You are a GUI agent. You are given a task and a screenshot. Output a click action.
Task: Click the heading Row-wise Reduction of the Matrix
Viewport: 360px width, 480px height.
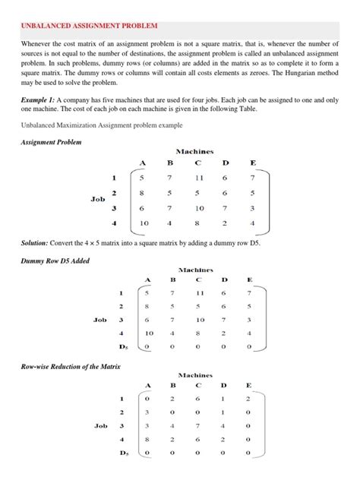[72, 367]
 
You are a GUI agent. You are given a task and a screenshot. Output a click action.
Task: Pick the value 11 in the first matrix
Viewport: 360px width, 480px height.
[198, 178]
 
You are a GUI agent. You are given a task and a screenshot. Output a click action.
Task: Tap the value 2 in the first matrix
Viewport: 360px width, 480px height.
[225, 224]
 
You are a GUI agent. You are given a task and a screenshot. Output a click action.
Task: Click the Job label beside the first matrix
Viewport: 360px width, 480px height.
[97, 200]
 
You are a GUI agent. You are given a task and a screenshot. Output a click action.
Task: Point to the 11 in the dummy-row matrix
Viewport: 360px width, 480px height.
[198, 292]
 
